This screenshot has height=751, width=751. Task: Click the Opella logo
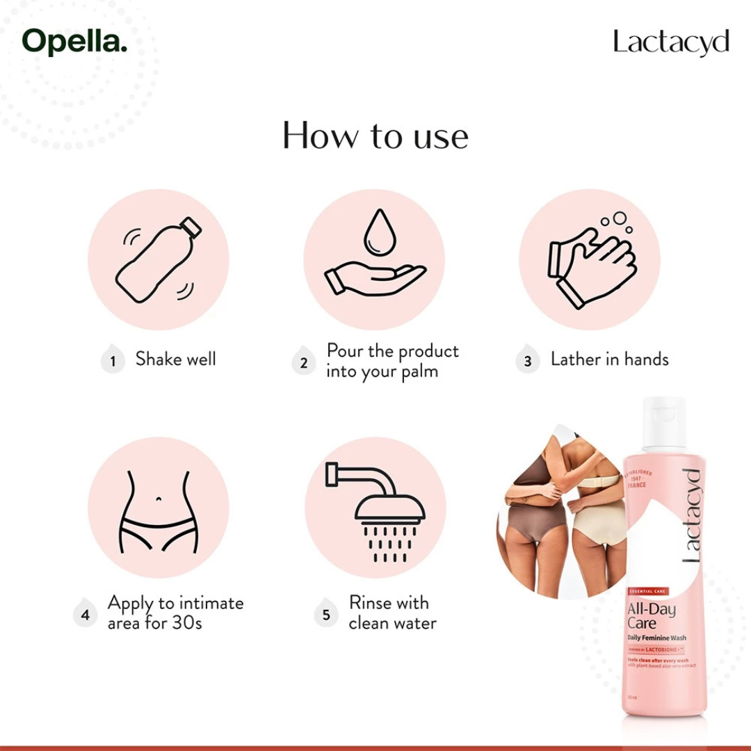pyautogui.click(x=75, y=42)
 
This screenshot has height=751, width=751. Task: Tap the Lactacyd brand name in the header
pyautogui.click(x=671, y=42)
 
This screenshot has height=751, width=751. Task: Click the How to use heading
pyautogui.click(x=375, y=136)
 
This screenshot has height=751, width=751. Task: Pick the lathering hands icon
pyautogui.click(x=590, y=261)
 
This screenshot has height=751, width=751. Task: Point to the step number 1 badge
pyautogui.click(x=113, y=362)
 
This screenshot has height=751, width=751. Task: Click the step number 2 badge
pyautogui.click(x=303, y=362)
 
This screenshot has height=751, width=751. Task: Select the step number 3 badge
pyautogui.click(x=528, y=362)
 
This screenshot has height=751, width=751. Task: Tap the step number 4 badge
pyautogui.click(x=86, y=615)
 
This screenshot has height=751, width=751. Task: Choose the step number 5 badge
pyautogui.click(x=326, y=615)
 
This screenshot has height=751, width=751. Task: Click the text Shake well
pyautogui.click(x=175, y=360)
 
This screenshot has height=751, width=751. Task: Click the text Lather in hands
pyautogui.click(x=609, y=360)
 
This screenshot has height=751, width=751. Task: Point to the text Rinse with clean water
pyautogui.click(x=392, y=613)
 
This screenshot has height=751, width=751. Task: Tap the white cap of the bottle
pyautogui.click(x=663, y=423)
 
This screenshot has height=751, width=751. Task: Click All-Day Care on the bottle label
pyautogui.click(x=642, y=615)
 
